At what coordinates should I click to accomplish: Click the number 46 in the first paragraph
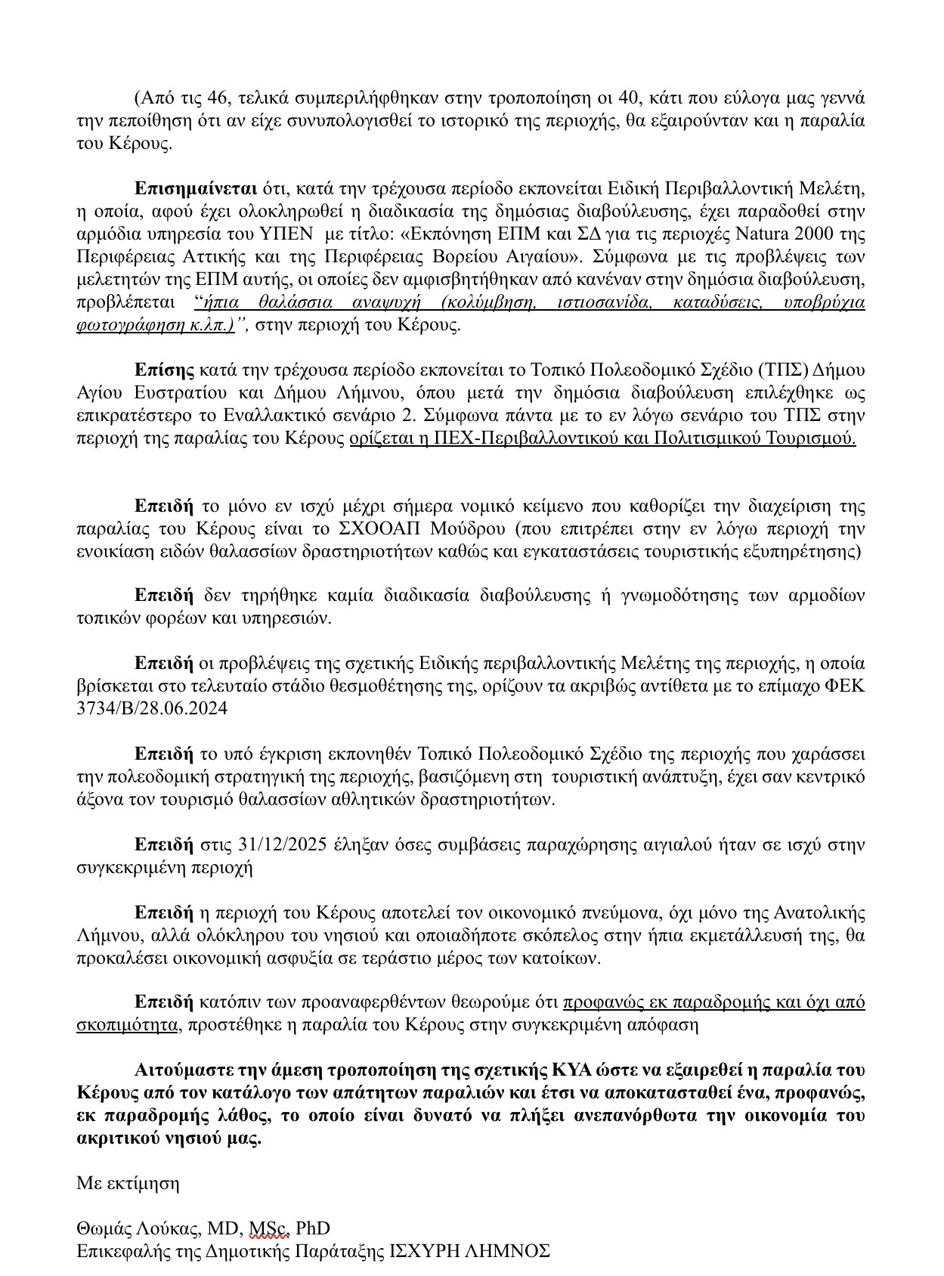pos(225,98)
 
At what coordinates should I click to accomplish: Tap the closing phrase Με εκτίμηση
pos(128,1183)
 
